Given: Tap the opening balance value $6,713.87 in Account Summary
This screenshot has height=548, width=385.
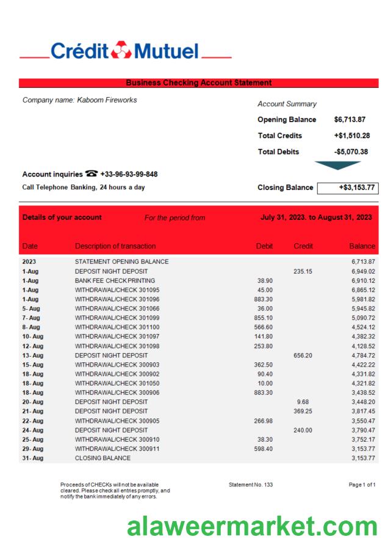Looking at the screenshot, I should tap(350, 120).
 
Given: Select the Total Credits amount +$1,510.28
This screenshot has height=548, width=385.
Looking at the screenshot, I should tap(351, 136).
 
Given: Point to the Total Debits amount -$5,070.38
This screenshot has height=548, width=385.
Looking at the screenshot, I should tap(351, 152).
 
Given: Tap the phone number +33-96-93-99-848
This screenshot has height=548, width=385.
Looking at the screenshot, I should tap(129, 174).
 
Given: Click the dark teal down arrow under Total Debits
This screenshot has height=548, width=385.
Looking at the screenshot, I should tap(337, 165).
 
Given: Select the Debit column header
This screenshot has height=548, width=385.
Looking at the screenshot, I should tap(264, 246).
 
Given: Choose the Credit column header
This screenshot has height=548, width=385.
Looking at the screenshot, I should tap(303, 246).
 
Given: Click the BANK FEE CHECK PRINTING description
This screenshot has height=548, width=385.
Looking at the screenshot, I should tap(115, 280).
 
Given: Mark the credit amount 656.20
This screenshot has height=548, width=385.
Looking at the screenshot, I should tap(303, 355).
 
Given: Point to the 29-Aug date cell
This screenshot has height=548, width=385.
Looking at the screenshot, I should tap(33, 449).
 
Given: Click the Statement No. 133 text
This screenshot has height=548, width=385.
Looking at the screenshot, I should tap(251, 484).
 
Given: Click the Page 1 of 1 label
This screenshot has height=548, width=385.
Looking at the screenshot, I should tap(362, 484).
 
